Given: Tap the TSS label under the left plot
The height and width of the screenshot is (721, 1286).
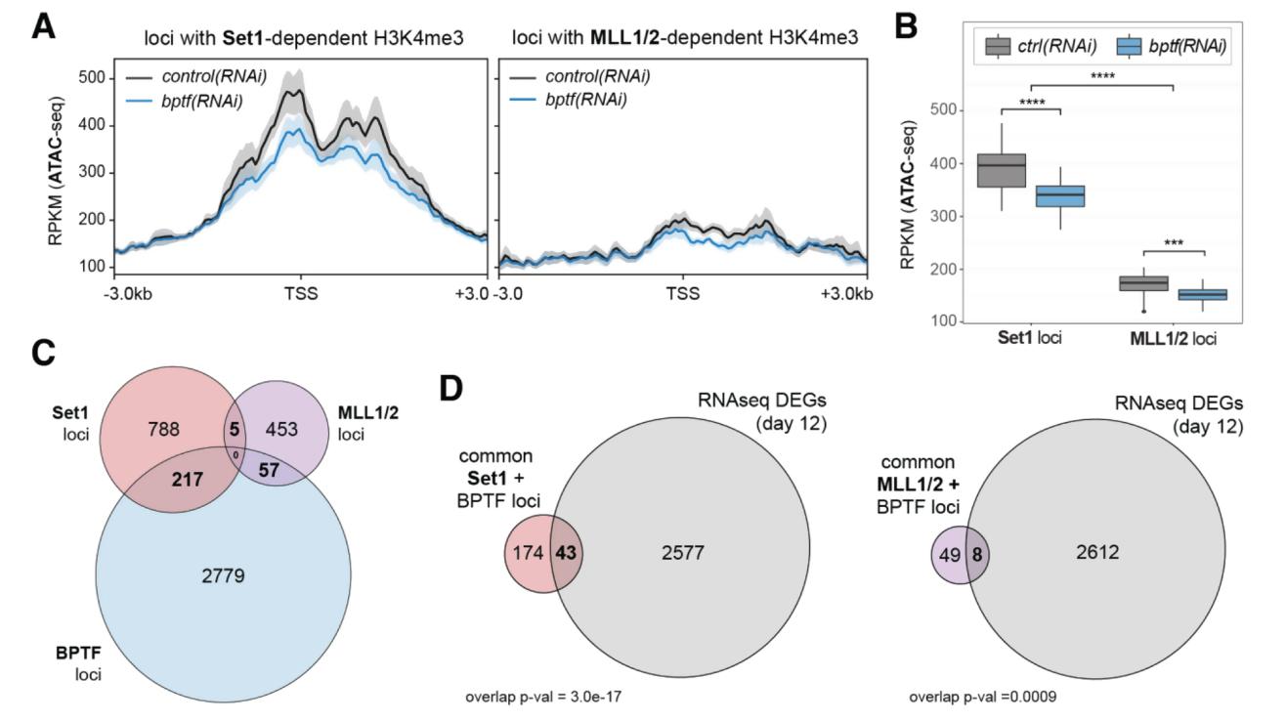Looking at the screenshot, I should pyautogui.click(x=298, y=293).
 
